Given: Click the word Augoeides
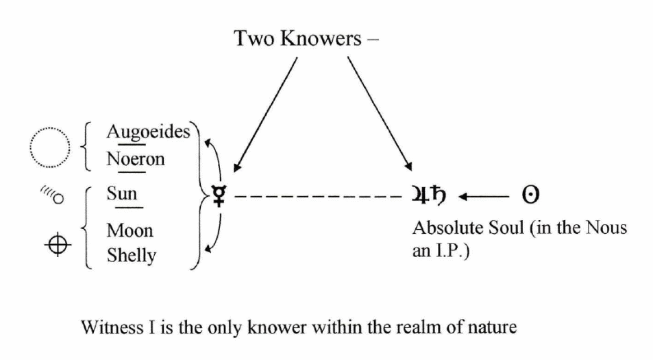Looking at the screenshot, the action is tap(148, 132).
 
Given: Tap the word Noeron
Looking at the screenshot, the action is tap(136, 159).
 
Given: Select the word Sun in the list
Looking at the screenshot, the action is tap(121, 193).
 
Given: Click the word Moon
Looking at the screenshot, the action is tap(130, 230).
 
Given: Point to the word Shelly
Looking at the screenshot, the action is tap(132, 255).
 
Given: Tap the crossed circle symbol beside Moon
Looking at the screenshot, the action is tap(58, 245).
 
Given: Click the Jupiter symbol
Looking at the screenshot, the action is tap(420, 195).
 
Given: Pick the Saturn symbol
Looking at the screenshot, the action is tap(438, 194).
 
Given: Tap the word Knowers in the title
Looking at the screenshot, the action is tap(321, 38).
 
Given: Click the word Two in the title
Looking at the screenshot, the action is tap(254, 38).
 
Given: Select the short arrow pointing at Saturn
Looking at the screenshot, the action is tap(484, 196).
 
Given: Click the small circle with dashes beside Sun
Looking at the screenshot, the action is tap(59, 199).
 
